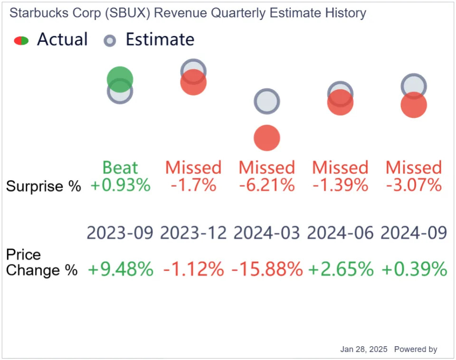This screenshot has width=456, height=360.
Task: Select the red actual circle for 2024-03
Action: coord(266,138)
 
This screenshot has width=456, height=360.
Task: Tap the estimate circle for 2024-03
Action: coord(266,101)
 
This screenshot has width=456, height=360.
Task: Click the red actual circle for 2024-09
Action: coord(414,105)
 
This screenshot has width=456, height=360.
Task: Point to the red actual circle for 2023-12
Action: coord(193,82)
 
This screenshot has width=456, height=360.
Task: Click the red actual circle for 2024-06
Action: coord(340,103)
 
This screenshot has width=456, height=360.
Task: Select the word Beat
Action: coord(120,168)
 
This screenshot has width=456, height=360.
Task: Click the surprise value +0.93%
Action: coord(120,185)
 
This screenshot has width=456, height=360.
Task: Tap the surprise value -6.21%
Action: coord(267,185)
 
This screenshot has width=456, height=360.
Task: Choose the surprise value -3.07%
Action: coord(414,185)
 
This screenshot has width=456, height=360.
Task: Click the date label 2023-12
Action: coord(193,233)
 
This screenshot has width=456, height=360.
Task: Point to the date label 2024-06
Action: coord(340,233)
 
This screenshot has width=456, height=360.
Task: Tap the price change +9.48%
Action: coord(120,269)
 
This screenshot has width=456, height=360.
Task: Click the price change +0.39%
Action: coord(414,269)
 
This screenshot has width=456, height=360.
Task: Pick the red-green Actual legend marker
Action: coord(21,41)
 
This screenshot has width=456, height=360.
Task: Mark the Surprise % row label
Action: coord(44,186)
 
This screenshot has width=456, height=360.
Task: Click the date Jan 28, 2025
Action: coord(364,349)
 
